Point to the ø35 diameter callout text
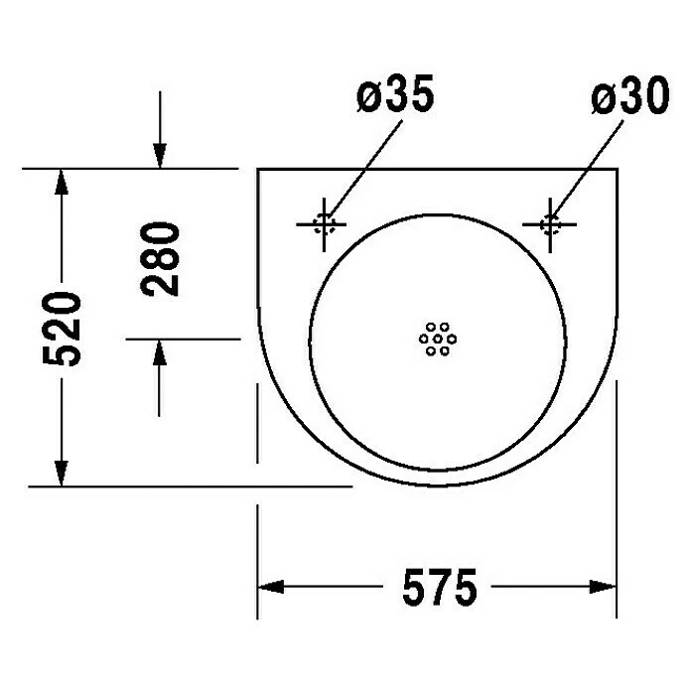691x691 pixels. (x=395, y=99)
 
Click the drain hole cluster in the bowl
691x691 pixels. (x=437, y=339)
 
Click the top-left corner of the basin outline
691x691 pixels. (x=258, y=170)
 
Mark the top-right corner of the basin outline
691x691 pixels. (x=618, y=170)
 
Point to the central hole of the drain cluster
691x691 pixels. (x=437, y=339)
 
